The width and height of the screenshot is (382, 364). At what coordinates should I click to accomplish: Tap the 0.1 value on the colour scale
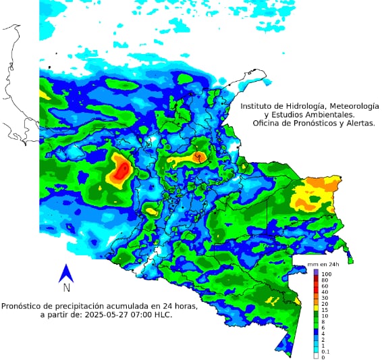[x=325, y=352]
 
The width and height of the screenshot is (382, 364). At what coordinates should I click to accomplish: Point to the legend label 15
[x=325, y=309]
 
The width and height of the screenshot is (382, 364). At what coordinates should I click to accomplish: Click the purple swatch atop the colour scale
[x=317, y=272]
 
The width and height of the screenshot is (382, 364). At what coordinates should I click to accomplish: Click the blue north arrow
[x=66, y=273]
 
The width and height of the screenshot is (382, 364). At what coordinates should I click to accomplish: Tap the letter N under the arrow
[x=66, y=288]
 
